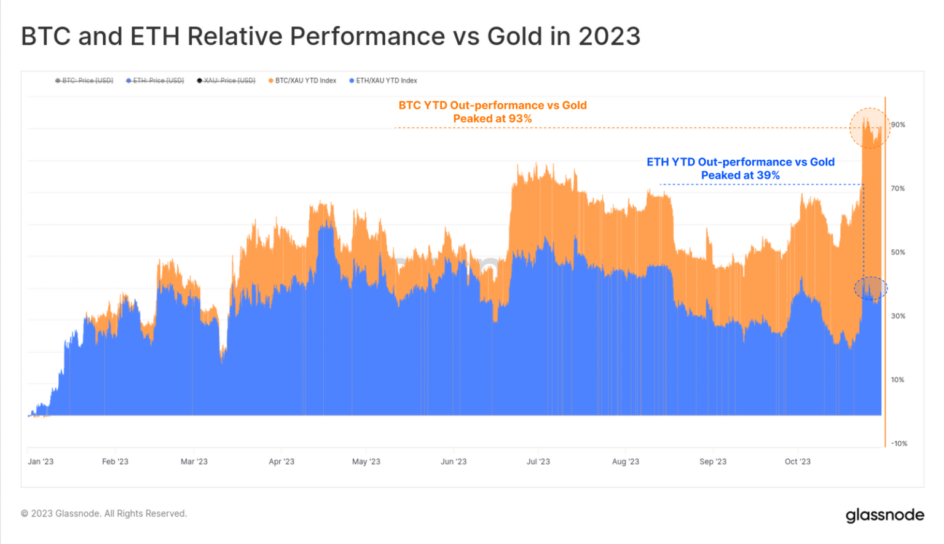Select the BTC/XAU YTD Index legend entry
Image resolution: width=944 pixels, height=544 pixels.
tap(302, 81)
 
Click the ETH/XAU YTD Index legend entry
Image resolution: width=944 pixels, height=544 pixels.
tap(383, 81)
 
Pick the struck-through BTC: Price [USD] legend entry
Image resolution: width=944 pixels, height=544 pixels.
tap(84, 81)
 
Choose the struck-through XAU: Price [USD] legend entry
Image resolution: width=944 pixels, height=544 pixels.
tap(226, 81)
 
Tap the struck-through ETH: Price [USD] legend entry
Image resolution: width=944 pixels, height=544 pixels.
tap(155, 81)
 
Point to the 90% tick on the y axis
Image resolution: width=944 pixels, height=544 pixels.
tap(898, 125)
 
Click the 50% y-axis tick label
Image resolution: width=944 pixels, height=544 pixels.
tap(898, 252)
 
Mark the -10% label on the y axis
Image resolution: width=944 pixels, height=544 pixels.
tap(899, 443)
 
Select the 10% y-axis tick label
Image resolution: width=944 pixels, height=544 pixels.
tap(898, 380)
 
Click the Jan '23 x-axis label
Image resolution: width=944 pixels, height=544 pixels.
tap(41, 462)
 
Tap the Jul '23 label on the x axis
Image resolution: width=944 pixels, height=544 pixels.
tap(538, 462)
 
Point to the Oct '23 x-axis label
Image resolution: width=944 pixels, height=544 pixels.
tap(798, 462)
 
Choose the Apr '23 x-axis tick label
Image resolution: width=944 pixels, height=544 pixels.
tap(281, 462)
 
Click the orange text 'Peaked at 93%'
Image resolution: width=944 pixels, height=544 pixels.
tap(492, 119)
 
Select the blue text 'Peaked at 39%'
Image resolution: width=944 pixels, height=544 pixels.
tap(740, 175)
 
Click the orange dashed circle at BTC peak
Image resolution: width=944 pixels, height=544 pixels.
tap(870, 128)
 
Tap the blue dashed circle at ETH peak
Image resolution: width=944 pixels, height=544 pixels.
tap(870, 288)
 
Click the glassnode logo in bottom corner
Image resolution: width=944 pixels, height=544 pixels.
tap(884, 514)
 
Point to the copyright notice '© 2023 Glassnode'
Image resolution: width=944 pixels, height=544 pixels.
tap(104, 513)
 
